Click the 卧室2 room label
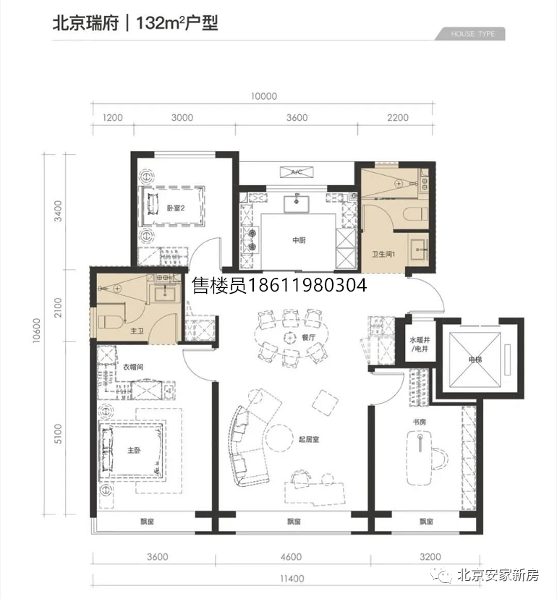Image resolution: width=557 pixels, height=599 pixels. pos(176,208)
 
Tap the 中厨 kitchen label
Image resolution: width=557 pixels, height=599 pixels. pos(299,240)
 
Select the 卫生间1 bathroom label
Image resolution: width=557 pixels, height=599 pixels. pos(383,254)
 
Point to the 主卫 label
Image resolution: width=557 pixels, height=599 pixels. pos(137,331)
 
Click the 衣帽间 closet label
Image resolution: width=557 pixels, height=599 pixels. pos(133,367)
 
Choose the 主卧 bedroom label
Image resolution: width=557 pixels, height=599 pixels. pos(134,451)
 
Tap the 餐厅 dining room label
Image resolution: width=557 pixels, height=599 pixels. pos(308,337)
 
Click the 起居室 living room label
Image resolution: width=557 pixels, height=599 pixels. pos(309,439)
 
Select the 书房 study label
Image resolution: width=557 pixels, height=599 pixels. pos(419,422)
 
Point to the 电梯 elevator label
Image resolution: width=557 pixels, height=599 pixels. pos(475,360)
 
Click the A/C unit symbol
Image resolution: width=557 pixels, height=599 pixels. pos(297,172)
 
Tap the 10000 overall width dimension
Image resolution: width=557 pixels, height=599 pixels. pos(264,96)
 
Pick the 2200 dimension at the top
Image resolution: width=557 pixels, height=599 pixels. pos(398,118)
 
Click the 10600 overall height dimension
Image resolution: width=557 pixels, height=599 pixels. pos(37,331)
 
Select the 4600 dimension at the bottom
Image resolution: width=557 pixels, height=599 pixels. pos(291,557)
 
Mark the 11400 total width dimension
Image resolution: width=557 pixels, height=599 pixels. pos(292,579)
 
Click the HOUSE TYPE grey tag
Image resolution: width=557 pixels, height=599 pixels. pos(470,34)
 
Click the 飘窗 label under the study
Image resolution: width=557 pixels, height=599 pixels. pos(426,522)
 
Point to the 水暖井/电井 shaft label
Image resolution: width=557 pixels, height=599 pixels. pos(420,344)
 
